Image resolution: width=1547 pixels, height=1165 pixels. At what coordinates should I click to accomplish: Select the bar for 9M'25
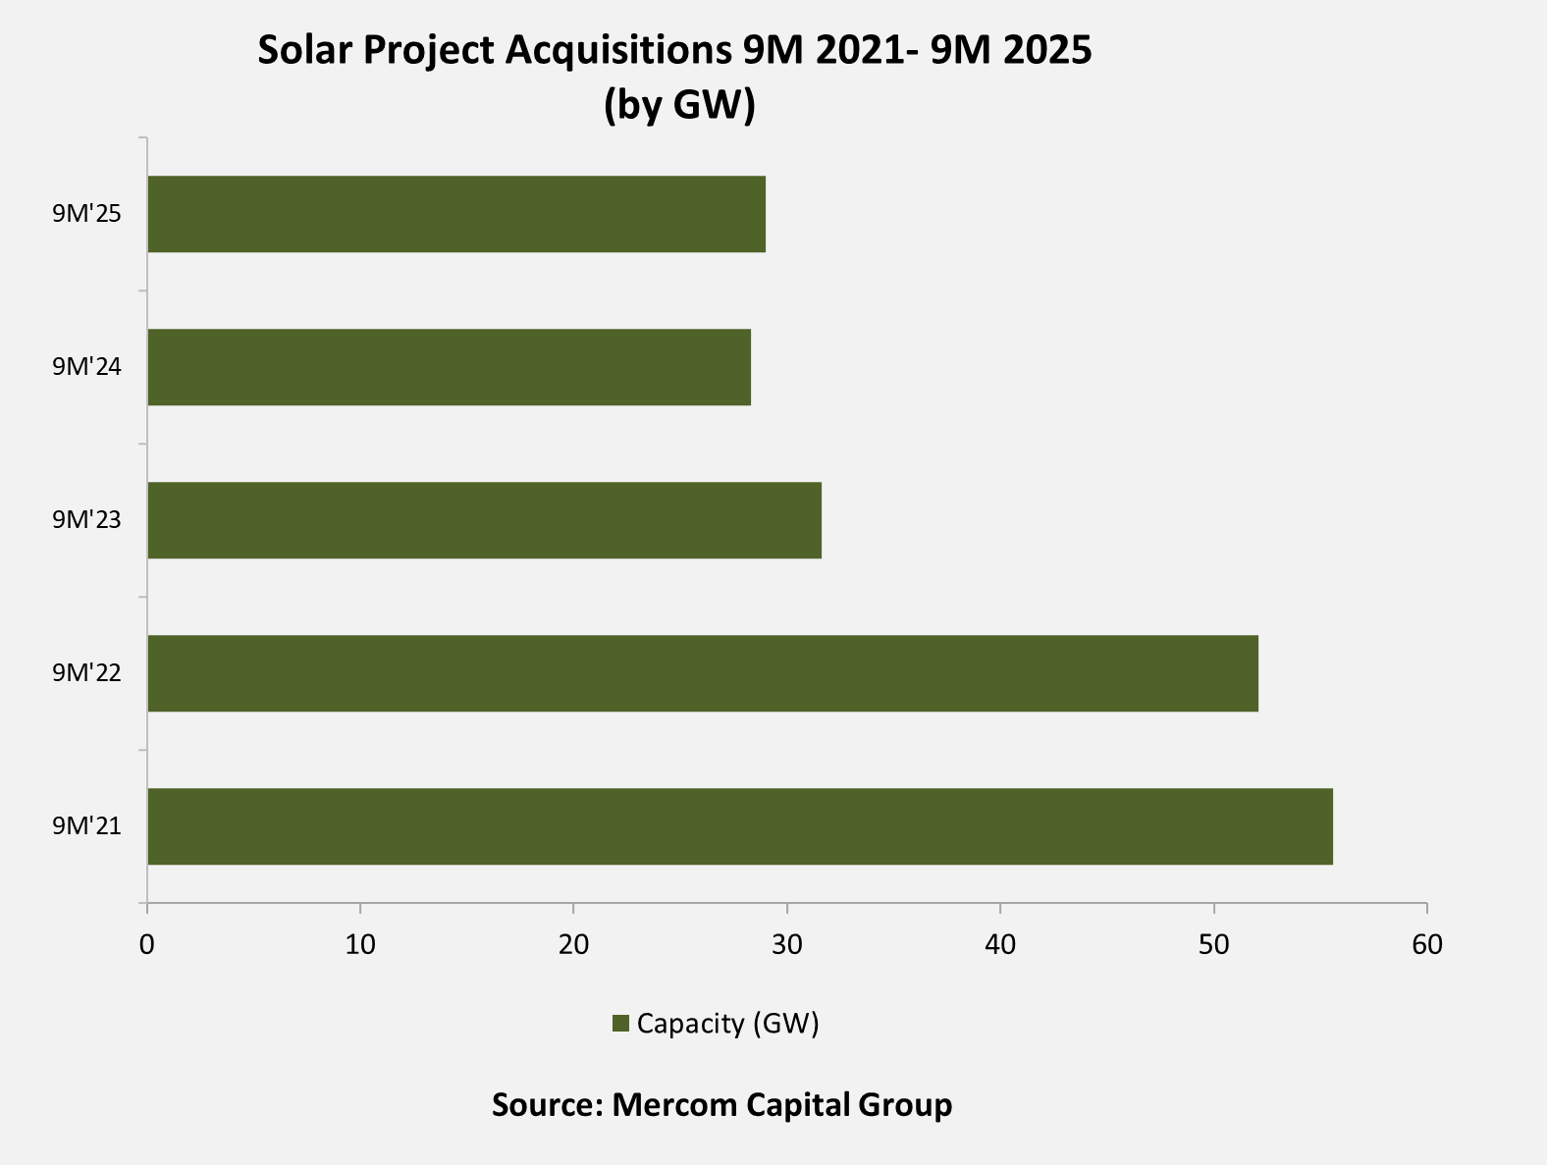[x=456, y=214]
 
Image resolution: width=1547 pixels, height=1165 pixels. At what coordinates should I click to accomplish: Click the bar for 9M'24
[x=449, y=367]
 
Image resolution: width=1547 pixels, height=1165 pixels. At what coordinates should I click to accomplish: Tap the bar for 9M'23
[x=484, y=520]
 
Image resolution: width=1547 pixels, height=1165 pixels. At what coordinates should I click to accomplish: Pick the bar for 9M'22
[x=703, y=673]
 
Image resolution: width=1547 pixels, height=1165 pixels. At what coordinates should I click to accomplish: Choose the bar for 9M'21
[x=740, y=826]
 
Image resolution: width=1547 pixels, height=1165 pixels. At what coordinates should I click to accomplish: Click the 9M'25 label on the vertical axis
[x=87, y=214]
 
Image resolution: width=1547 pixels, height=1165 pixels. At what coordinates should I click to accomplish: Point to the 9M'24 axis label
[x=87, y=367]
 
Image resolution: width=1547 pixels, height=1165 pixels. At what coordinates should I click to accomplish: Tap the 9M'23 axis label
[x=87, y=520]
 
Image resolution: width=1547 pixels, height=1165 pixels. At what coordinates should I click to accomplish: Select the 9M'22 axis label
[x=87, y=673]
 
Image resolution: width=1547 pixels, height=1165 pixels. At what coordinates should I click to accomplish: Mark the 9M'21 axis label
[x=87, y=826]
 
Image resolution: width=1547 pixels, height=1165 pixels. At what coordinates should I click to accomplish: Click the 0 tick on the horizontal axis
[x=147, y=945]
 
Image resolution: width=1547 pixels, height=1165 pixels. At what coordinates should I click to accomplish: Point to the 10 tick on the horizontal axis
[x=360, y=945]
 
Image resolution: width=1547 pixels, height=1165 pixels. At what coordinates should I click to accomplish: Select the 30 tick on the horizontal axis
[x=786, y=945]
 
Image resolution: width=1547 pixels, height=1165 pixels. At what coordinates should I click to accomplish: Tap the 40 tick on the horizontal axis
[x=1000, y=945]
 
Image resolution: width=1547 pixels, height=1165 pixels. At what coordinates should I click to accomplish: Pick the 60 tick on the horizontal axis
[x=1427, y=945]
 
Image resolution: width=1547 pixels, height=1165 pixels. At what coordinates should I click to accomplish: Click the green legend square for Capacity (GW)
[x=619, y=1024]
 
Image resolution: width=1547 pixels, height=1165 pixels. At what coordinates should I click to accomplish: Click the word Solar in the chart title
[x=305, y=50]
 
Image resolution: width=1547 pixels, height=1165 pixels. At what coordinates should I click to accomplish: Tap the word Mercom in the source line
[x=674, y=1105]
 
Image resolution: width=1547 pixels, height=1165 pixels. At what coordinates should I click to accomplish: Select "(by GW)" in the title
[x=679, y=104]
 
